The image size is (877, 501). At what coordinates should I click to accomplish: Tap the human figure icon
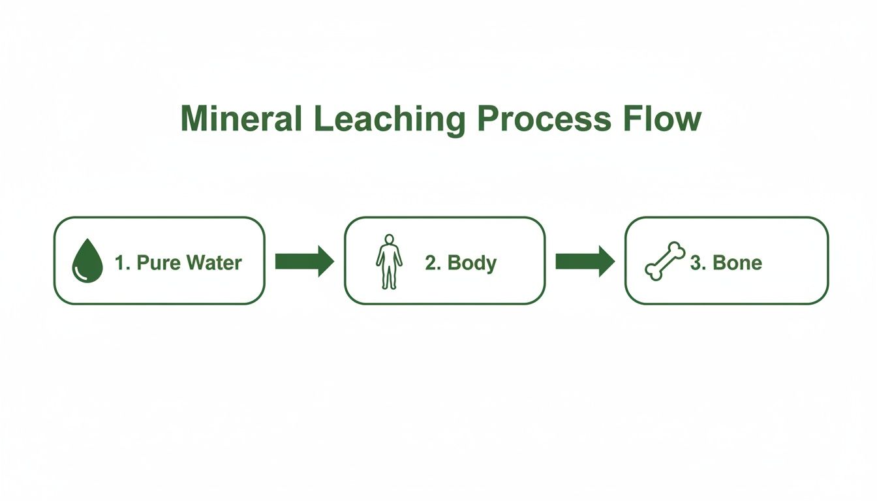tap(389, 262)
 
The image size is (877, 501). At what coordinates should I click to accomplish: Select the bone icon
tap(665, 262)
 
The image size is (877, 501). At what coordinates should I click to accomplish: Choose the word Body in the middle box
tap(472, 263)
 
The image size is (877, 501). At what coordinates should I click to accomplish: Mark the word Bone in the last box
tap(737, 263)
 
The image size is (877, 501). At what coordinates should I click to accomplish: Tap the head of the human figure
tap(389, 239)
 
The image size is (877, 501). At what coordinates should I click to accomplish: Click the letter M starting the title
tap(195, 119)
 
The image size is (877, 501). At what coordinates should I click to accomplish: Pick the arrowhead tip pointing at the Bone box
tap(613, 262)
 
